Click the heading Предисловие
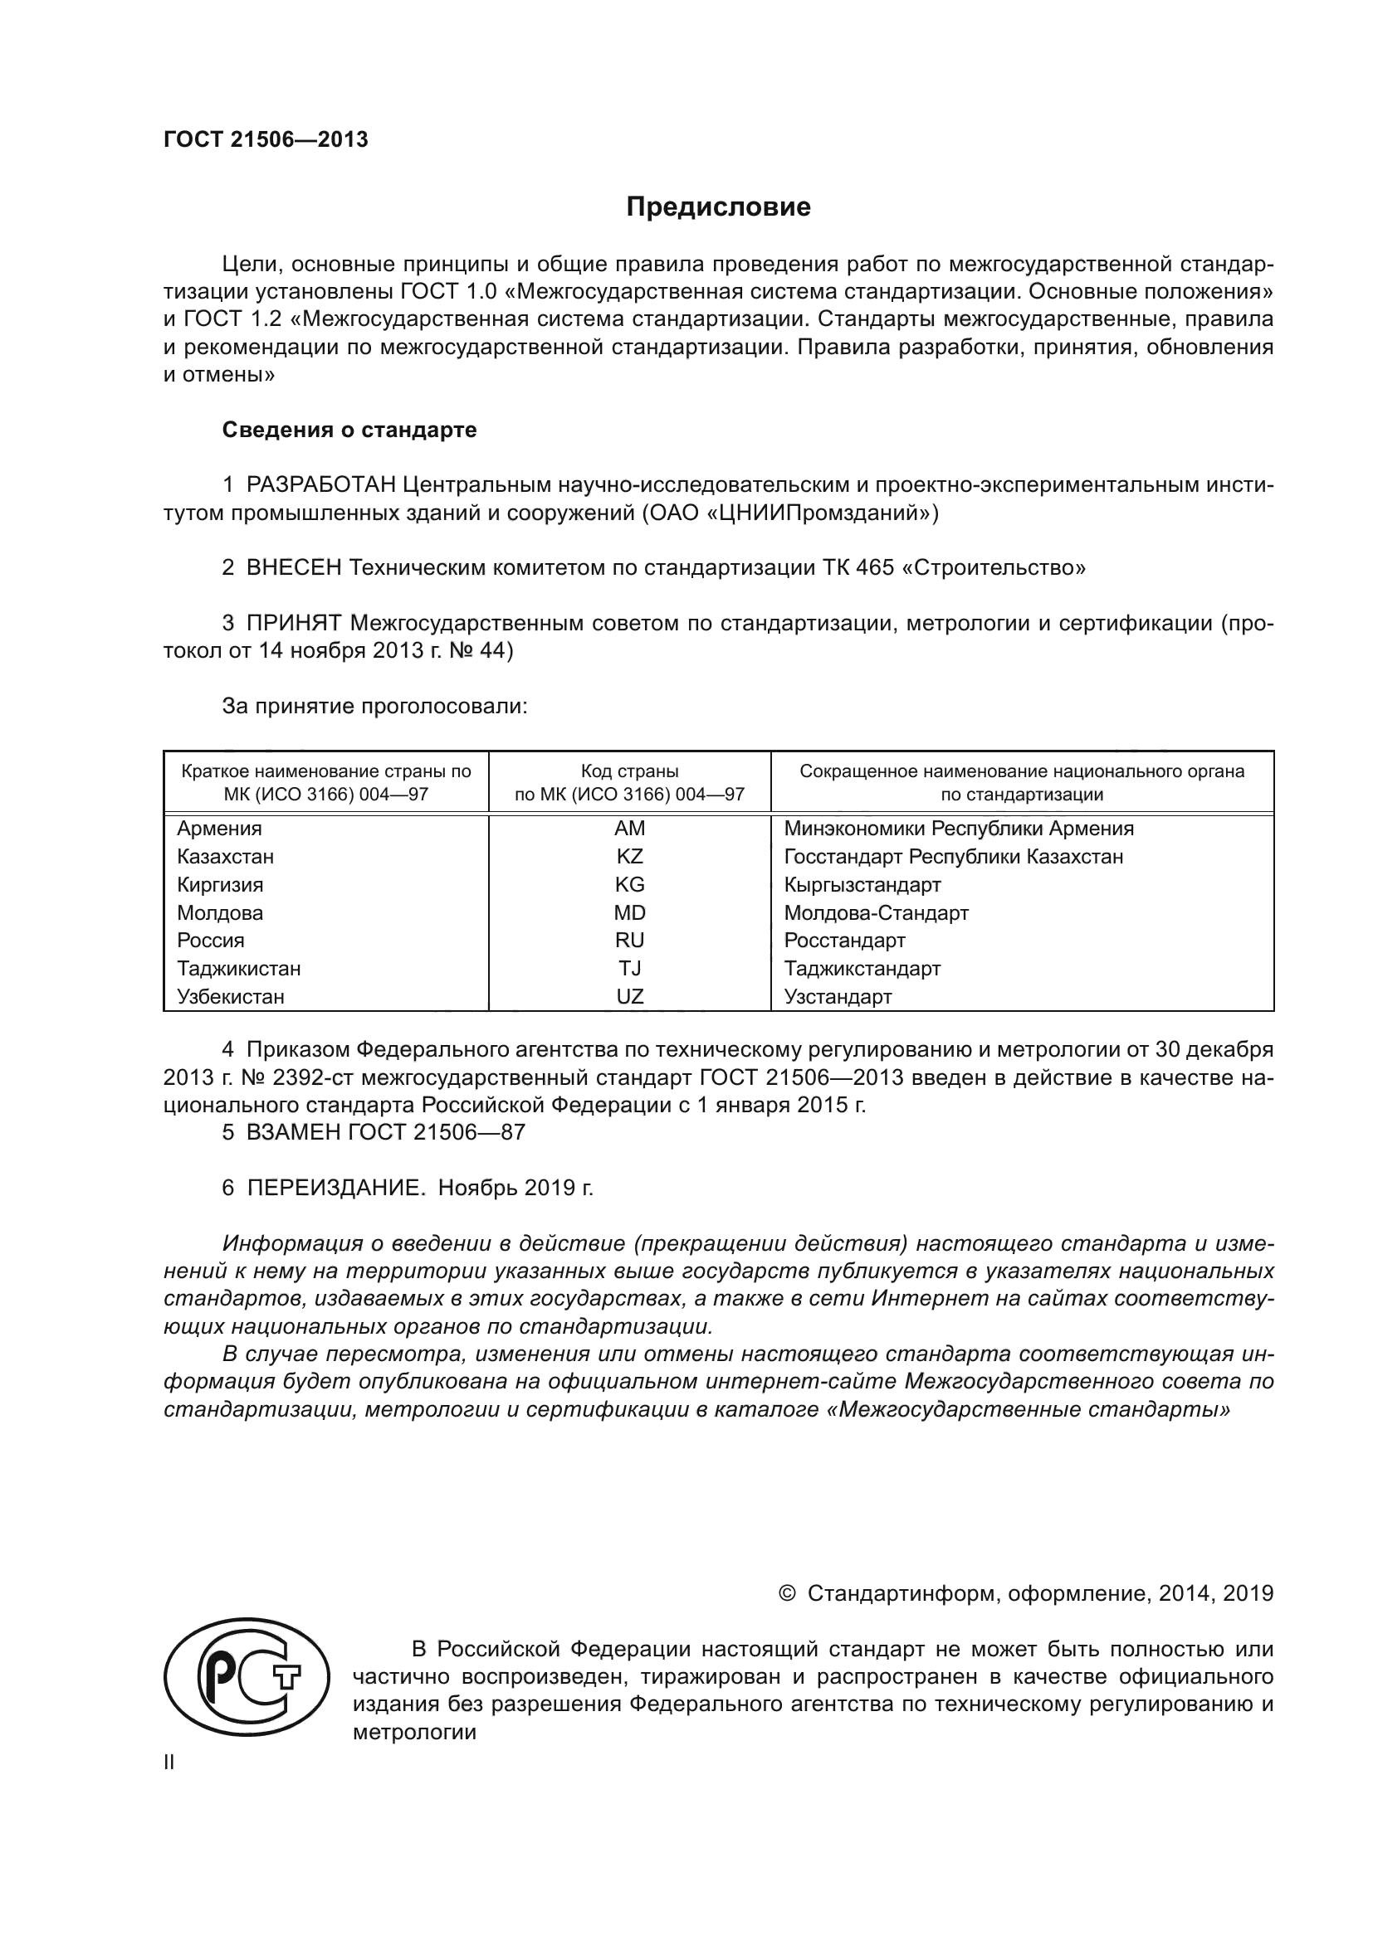[x=718, y=207]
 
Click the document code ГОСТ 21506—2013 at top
[x=266, y=140]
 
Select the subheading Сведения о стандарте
[x=349, y=430]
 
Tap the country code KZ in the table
[x=629, y=857]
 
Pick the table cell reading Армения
[x=219, y=828]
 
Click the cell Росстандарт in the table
[x=843, y=941]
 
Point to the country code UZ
[x=629, y=996]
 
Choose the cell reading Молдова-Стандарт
[x=876, y=912]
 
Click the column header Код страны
[x=629, y=771]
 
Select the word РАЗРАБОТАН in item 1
[x=320, y=485]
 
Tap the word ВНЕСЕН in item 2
[x=293, y=568]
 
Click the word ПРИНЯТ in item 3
[x=293, y=624]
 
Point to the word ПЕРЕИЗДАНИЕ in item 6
[x=334, y=1188]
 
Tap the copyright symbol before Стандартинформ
[x=786, y=1593]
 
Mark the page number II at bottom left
[x=169, y=1763]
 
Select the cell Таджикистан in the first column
[x=238, y=968]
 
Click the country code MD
[x=629, y=912]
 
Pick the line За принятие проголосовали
[x=374, y=707]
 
